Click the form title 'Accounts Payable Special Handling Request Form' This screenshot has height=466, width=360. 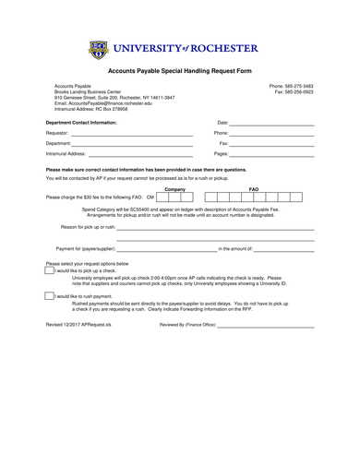(x=180, y=71)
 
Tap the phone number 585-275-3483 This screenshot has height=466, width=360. (x=291, y=86)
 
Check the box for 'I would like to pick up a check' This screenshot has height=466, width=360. (x=50, y=270)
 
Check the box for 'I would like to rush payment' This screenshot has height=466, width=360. (x=50, y=295)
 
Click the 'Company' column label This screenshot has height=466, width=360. (x=174, y=188)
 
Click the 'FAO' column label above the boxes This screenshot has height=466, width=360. (x=254, y=188)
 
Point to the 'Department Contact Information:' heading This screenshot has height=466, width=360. (x=81, y=122)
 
